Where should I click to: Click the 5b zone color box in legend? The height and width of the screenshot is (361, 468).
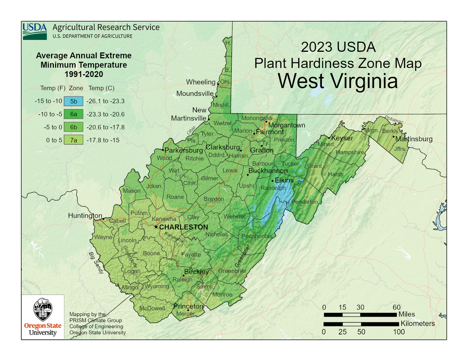pyautogui.click(x=73, y=102)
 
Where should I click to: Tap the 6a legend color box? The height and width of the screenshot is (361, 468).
pyautogui.click(x=73, y=114)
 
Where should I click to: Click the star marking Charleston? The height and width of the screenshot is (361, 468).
pyautogui.click(x=156, y=227)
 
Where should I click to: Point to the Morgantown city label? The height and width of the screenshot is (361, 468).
pyautogui.click(x=286, y=125)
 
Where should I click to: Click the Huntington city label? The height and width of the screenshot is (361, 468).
pyautogui.click(x=85, y=216)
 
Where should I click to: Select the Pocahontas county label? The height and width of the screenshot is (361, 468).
pyautogui.click(x=257, y=236)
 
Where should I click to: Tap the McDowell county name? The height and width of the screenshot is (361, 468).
pyautogui.click(x=152, y=308)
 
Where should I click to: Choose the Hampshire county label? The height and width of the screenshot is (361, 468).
pyautogui.click(x=349, y=152)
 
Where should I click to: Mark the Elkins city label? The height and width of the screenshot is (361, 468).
pyautogui.click(x=284, y=180)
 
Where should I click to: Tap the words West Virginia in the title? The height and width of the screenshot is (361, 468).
pyautogui.click(x=337, y=81)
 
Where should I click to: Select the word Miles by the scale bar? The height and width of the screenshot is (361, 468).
pyautogui.click(x=407, y=314)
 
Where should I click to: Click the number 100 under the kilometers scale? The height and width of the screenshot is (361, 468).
pyautogui.click(x=399, y=332)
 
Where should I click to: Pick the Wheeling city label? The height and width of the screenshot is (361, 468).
pyautogui.click(x=200, y=82)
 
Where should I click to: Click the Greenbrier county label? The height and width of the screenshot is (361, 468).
pyautogui.click(x=232, y=271)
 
